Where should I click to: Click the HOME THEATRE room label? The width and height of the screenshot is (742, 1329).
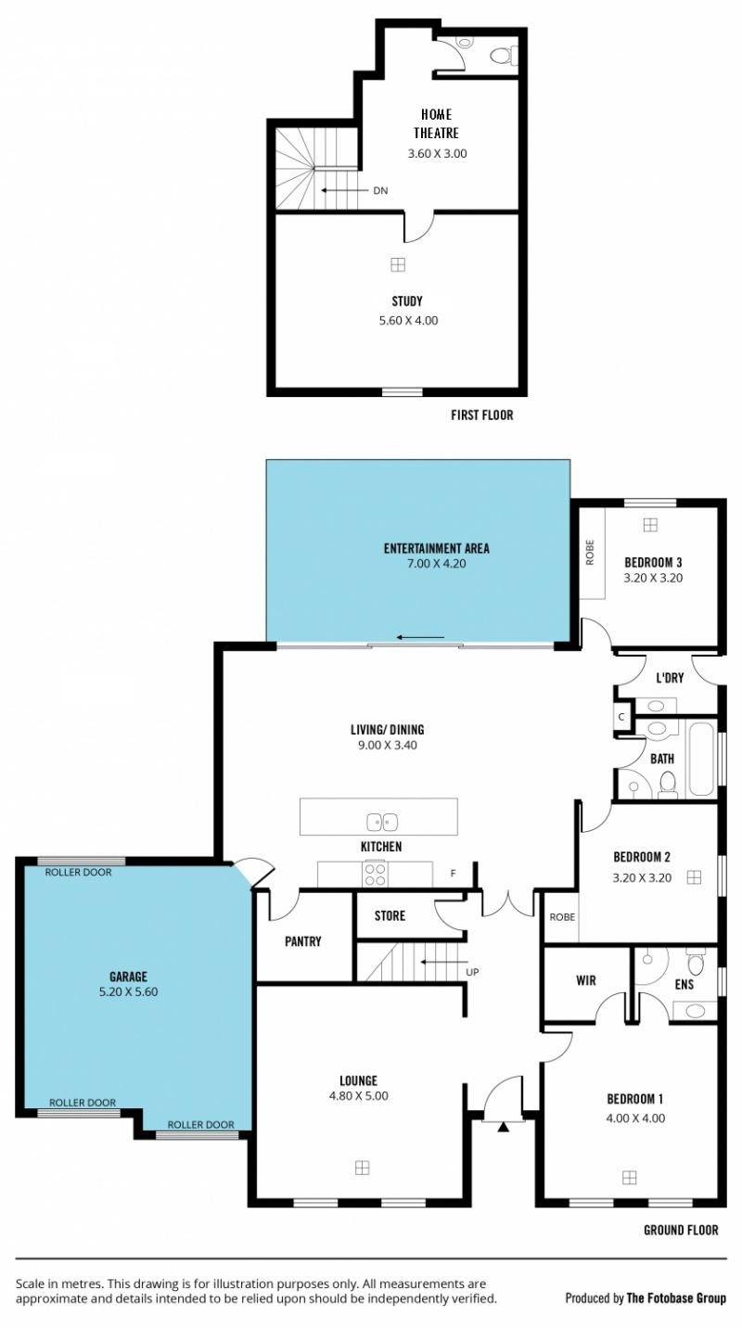(437, 123)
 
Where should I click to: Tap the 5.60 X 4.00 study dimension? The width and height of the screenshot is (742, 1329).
(409, 321)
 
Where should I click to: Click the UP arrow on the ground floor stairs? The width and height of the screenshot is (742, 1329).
(443, 962)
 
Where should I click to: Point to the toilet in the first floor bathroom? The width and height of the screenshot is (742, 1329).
(504, 56)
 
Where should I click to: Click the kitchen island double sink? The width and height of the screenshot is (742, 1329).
(382, 823)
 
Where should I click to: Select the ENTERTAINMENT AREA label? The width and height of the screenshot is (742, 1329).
(437, 548)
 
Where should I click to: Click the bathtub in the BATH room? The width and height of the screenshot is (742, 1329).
(701, 759)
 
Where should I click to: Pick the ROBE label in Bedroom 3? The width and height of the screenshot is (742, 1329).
(590, 552)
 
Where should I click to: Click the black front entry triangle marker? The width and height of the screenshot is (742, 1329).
(503, 1127)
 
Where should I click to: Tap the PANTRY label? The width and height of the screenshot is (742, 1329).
(303, 941)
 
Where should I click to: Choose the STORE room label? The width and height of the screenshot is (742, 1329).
(390, 915)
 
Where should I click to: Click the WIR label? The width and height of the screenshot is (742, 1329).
(586, 980)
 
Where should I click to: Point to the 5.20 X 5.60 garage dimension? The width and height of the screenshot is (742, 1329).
(129, 992)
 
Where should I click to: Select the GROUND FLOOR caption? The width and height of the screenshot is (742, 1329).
(681, 1231)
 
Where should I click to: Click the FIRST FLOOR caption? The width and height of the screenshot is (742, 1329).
(481, 415)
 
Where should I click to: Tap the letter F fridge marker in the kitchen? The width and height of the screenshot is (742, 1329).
(454, 874)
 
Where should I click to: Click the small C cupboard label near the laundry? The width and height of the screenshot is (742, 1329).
(621, 717)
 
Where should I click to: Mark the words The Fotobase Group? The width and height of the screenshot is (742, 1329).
(676, 1298)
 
